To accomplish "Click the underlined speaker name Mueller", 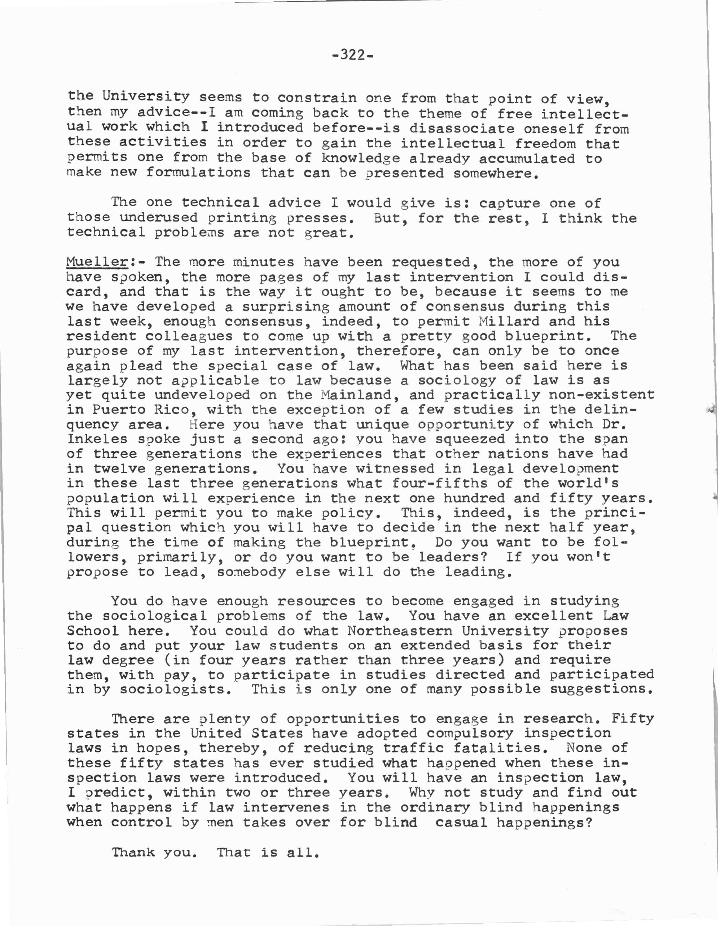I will point(97,262).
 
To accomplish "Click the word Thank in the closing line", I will point(133,852).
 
